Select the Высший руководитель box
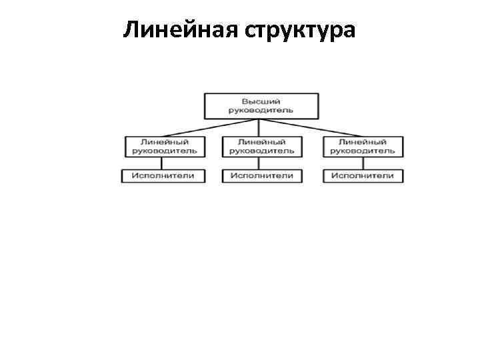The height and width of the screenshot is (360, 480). click(261, 105)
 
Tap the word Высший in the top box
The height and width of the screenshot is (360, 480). click(261, 100)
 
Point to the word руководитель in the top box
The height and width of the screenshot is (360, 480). click(261, 109)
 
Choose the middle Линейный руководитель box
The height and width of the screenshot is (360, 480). click(261, 146)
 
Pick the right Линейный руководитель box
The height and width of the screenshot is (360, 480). click(363, 146)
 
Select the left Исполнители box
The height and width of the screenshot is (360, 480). click(163, 176)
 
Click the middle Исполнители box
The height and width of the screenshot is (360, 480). click(261, 176)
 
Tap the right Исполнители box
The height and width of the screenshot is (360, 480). click(363, 176)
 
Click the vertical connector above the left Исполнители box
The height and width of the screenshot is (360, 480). click(163, 163)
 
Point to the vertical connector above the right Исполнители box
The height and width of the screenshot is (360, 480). click(363, 163)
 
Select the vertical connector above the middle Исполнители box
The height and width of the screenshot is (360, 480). click(261, 163)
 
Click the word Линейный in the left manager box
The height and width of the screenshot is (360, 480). click(164, 142)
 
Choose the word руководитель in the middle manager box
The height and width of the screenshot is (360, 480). click(261, 151)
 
